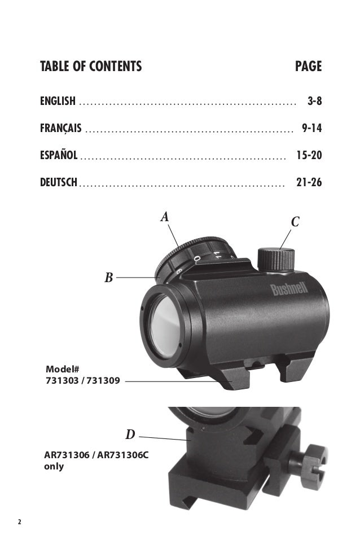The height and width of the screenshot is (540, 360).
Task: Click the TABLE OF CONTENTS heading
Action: (91, 66)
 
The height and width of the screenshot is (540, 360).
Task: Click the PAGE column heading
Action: (308, 66)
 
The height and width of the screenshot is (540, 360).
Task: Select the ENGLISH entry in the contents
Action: (58, 101)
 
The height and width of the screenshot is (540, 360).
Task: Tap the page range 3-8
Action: (314, 101)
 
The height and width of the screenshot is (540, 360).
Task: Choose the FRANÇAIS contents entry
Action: (61, 128)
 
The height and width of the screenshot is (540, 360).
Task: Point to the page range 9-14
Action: (312, 128)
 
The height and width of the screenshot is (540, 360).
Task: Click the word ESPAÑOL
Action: (59, 155)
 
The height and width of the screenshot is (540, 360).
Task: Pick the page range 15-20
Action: (309, 155)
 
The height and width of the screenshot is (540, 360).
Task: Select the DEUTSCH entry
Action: (59, 182)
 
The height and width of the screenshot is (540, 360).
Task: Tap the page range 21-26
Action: (309, 182)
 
